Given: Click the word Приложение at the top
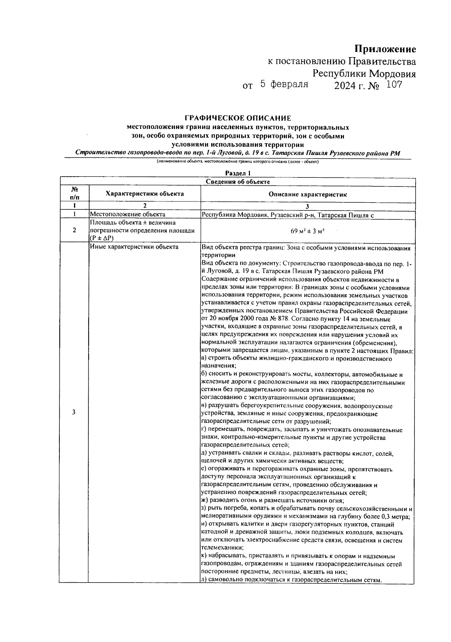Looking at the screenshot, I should (385, 50).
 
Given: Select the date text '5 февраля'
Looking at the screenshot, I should (284, 85).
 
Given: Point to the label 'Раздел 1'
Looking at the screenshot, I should (238, 173).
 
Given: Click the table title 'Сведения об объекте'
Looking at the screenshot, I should (238, 182).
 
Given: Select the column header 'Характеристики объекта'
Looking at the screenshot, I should (145, 194).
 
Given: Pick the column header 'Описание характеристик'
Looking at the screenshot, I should (307, 194).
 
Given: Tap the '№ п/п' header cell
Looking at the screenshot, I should (74, 194).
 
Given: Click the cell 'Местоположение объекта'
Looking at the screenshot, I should (128, 215).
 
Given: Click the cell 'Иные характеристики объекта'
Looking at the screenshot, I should (134, 247).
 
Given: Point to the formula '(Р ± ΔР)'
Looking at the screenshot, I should (101, 238).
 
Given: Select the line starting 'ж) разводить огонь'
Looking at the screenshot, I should (273, 501).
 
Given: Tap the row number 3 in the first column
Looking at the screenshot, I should (74, 412).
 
